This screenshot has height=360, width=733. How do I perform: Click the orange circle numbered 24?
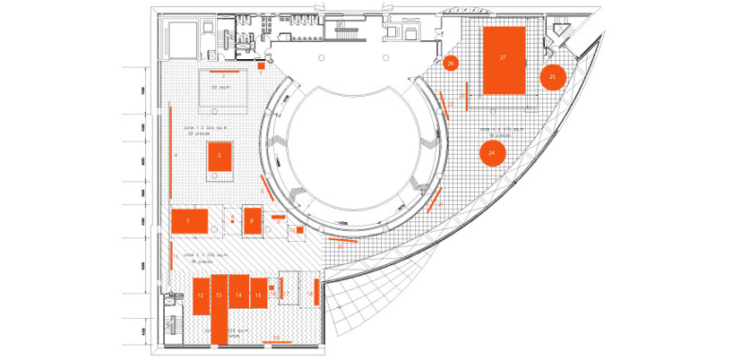click(x=491, y=153)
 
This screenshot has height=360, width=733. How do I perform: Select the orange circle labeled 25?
click(x=552, y=78)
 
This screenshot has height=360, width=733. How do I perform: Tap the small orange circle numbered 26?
click(x=451, y=63)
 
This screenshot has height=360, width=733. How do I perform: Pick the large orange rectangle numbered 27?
click(x=504, y=60)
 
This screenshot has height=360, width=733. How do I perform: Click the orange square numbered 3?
click(x=219, y=155)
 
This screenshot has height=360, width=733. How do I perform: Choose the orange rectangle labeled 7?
click(x=189, y=219)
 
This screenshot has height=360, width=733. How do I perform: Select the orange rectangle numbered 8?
click(x=252, y=220)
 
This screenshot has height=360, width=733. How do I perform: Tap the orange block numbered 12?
click(x=200, y=295)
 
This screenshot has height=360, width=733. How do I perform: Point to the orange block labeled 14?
click(x=238, y=293)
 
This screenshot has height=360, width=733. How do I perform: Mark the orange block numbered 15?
click(x=258, y=295)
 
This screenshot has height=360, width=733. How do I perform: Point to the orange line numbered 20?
click(x=342, y=239)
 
